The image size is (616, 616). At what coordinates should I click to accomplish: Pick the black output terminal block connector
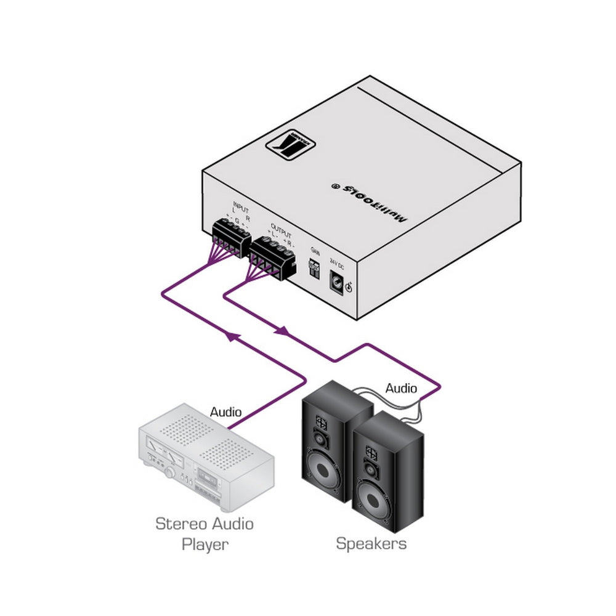(270, 256)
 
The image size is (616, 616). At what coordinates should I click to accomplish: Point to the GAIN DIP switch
(314, 267)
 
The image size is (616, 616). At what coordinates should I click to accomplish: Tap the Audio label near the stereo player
(226, 411)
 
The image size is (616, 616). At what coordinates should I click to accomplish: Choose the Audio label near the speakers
(401, 389)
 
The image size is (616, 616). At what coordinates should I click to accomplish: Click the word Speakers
(371, 543)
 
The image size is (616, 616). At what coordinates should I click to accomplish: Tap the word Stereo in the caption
(177, 524)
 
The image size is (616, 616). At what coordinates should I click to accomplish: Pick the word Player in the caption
(205, 545)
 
